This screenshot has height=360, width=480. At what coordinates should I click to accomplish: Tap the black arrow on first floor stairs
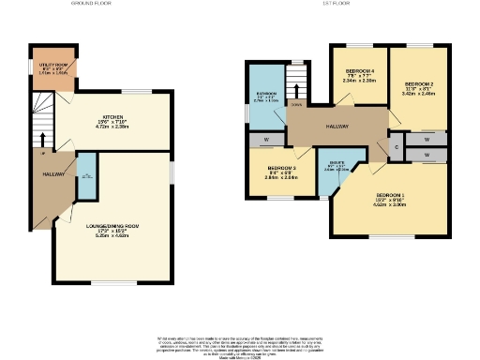(296, 91)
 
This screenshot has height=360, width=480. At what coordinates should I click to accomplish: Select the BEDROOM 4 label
(360, 72)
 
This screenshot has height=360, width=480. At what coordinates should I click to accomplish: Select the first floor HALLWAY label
(337, 127)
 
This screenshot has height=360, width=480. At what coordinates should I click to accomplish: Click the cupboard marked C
(397, 147)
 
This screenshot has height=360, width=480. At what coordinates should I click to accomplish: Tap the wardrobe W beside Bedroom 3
(266, 140)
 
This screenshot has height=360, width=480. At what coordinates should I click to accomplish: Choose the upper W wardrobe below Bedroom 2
(427, 138)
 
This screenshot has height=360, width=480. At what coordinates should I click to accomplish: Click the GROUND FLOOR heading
(90, 4)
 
